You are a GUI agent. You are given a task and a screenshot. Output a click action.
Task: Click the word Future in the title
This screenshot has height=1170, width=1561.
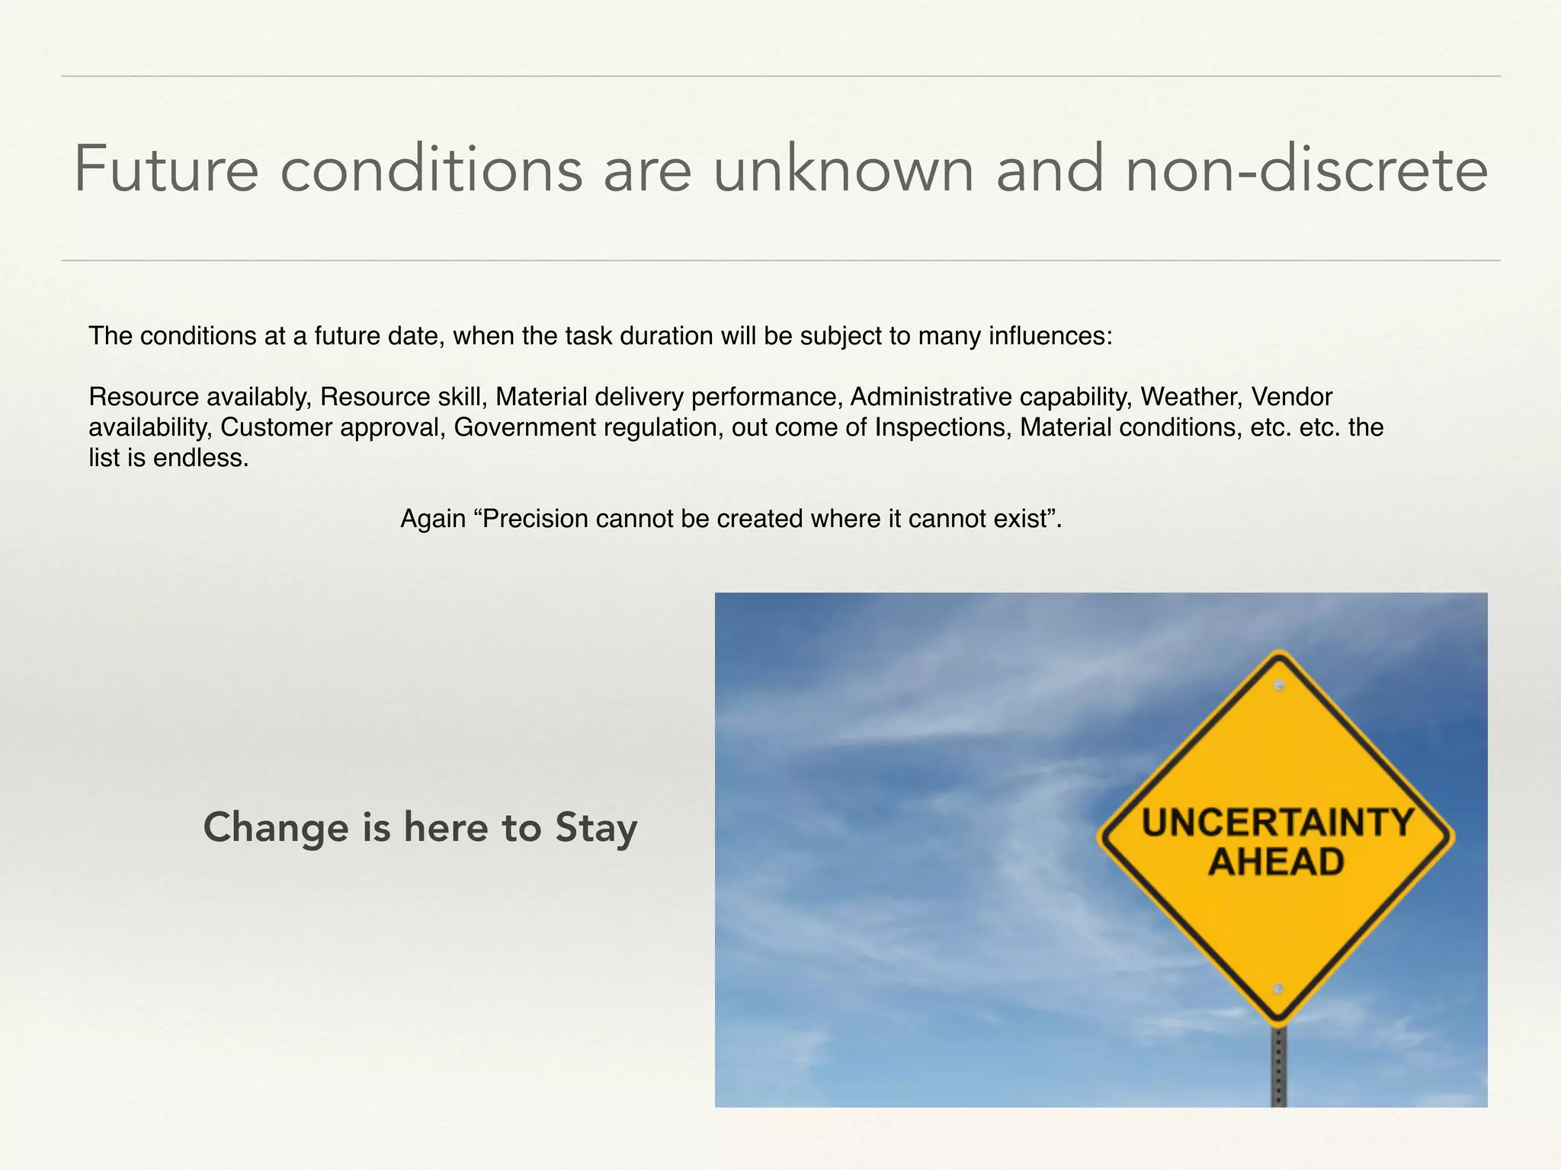166,169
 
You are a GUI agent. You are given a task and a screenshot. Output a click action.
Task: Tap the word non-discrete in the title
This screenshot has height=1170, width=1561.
1306,169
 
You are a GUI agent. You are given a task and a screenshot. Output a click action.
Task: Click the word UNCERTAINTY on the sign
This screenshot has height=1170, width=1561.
1277,823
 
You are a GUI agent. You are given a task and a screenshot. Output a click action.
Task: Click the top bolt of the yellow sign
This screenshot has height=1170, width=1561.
1280,686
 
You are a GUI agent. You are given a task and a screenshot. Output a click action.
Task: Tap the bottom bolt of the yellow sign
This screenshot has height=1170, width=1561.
1278,989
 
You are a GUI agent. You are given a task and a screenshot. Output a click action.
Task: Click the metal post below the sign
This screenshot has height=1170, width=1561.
1279,1066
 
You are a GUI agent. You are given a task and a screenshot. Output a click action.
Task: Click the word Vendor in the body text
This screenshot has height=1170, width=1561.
1292,397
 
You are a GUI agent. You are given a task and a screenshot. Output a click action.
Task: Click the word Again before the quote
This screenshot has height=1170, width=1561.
433,519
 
